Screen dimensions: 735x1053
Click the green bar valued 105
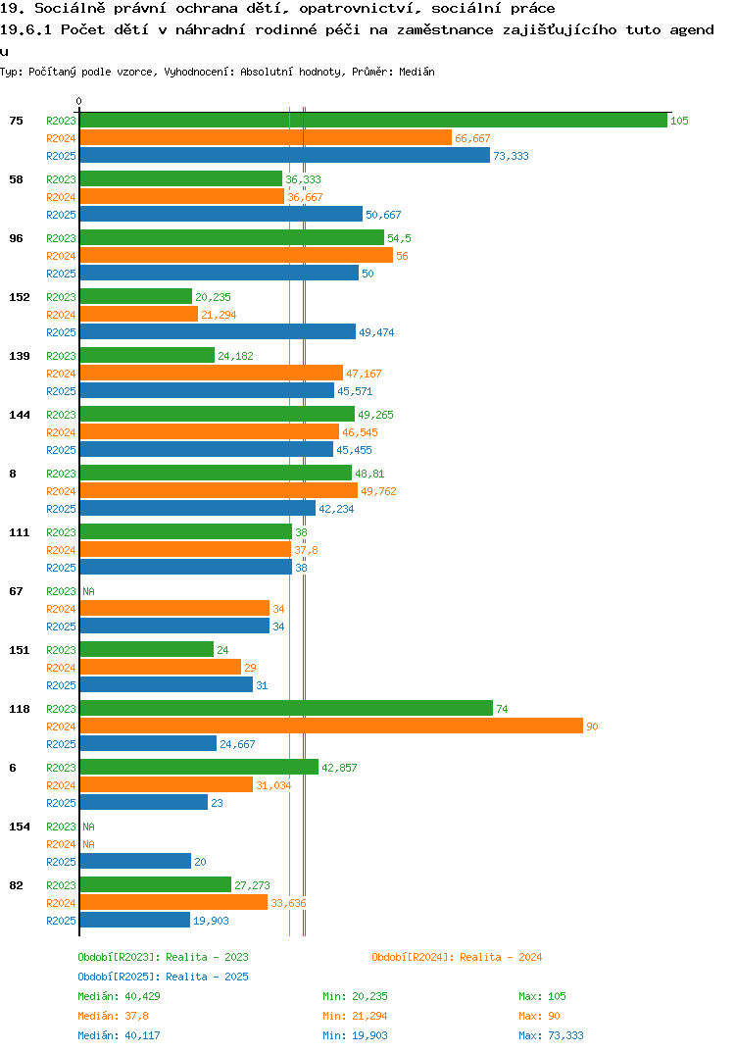tap(373, 121)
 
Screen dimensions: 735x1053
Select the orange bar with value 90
tap(331, 726)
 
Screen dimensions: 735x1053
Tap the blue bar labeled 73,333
tap(284, 155)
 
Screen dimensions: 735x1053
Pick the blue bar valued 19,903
tap(135, 920)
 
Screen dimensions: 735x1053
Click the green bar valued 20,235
tap(136, 296)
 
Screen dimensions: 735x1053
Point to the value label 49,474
tap(376, 332)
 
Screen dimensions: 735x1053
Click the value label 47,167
tap(364, 374)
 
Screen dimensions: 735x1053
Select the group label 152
tap(20, 297)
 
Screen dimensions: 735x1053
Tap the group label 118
tap(20, 709)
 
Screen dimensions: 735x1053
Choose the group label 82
tap(16, 885)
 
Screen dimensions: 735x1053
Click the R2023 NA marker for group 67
tap(88, 591)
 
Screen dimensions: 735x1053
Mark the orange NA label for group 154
tap(88, 844)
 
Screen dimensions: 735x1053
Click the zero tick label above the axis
tap(79, 101)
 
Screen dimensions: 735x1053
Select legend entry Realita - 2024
tap(457, 957)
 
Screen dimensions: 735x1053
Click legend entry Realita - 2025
tap(163, 977)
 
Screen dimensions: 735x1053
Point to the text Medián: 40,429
tap(119, 996)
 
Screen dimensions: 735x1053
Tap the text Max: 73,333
tap(551, 1035)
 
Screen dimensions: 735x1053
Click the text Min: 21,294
tap(355, 1016)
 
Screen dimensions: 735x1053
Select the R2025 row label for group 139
tap(61, 391)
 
